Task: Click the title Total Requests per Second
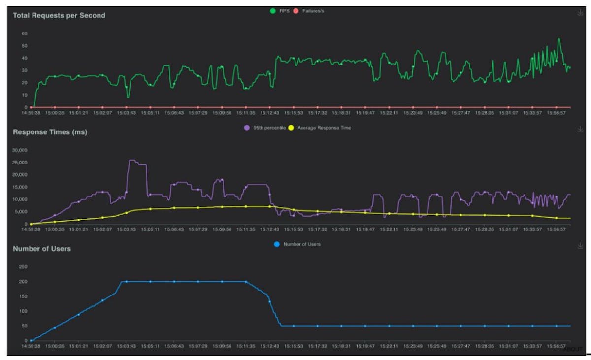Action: [x=59, y=15]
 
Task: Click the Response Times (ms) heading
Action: [x=50, y=132]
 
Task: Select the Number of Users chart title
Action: [x=42, y=249]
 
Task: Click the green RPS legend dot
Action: [x=272, y=11]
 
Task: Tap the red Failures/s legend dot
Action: [x=296, y=11]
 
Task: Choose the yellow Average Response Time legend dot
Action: [x=291, y=128]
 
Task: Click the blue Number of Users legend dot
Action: [x=276, y=244]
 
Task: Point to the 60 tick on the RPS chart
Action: [x=24, y=33]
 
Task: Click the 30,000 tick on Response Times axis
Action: [x=20, y=150]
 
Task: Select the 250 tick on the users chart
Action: [x=23, y=267]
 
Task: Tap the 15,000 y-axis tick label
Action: [x=20, y=187]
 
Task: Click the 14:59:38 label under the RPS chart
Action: [x=31, y=112]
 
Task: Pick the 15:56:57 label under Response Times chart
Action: [x=557, y=229]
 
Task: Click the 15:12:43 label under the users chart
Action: [x=269, y=346]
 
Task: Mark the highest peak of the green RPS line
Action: [x=559, y=39]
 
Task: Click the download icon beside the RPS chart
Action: [x=580, y=13]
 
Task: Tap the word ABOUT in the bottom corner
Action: [x=573, y=349]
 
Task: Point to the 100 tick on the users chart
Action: [x=23, y=311]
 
